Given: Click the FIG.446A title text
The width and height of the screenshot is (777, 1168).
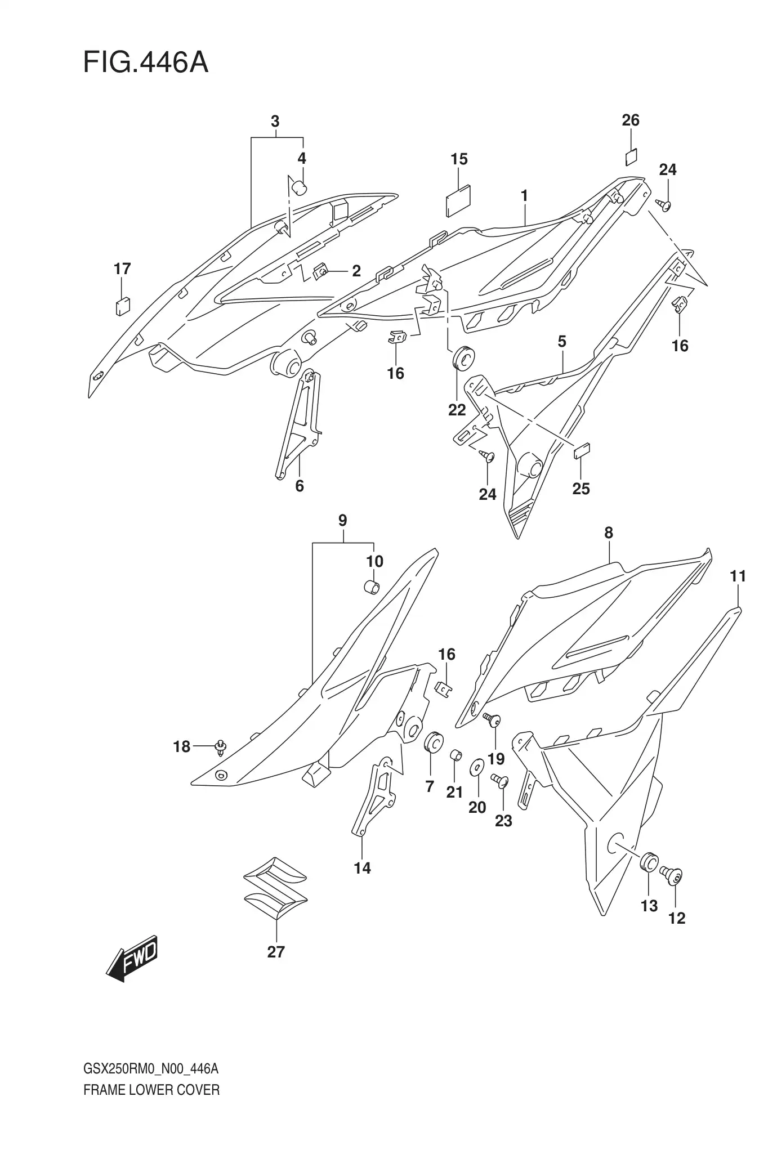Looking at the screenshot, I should (x=145, y=62).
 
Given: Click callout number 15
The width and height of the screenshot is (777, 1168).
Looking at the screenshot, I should (x=459, y=159).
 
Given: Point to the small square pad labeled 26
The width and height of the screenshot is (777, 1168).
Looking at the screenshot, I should (x=631, y=157).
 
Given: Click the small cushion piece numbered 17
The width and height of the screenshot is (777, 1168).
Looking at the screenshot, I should (x=122, y=306).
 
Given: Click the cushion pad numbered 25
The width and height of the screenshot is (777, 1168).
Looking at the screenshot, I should (x=581, y=451).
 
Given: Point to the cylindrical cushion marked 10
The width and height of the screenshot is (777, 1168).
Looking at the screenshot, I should (x=372, y=587).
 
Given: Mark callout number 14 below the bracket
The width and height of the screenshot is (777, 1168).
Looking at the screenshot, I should (x=362, y=868).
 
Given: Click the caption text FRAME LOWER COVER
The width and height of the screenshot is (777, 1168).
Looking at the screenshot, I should (x=151, y=1090).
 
